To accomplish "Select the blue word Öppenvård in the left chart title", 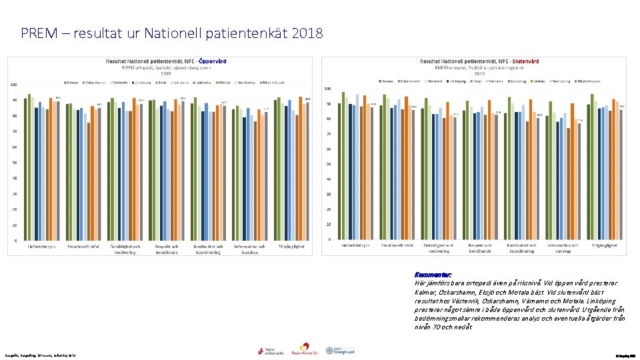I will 213,61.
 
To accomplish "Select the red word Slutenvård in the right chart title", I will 525,61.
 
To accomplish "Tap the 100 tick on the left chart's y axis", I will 13,85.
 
